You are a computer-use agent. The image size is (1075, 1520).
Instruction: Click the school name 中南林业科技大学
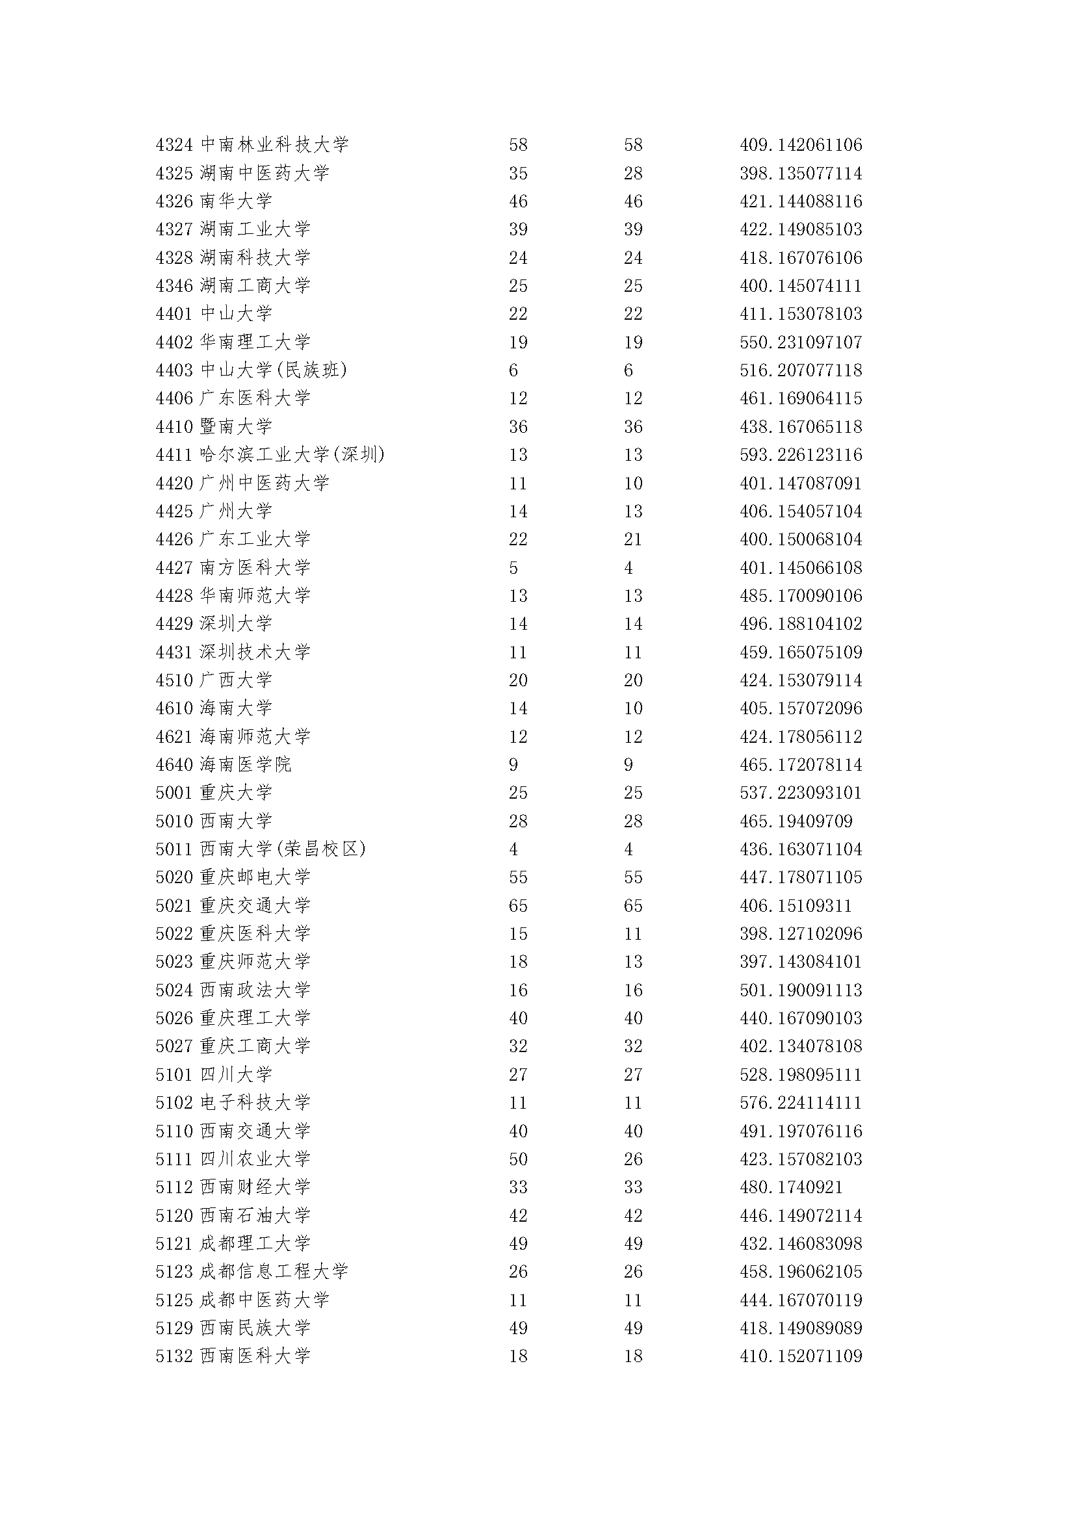coord(274,144)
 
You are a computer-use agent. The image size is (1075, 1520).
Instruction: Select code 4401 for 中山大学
coord(174,314)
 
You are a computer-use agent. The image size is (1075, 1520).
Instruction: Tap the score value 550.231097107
coord(800,342)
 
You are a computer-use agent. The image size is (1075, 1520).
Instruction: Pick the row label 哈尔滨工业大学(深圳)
coord(292,455)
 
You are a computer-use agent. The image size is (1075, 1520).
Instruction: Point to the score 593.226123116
coord(800,455)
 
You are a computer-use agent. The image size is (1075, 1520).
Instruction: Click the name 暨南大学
coord(236,426)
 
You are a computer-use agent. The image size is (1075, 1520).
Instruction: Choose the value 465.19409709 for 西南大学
coord(796,821)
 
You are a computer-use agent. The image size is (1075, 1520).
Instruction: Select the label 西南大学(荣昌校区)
coord(283,849)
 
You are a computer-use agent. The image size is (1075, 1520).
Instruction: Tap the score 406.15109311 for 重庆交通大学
coord(796,906)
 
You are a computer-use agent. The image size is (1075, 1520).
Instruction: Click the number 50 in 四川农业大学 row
coord(517,1159)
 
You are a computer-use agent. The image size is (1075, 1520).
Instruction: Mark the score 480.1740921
coord(791,1187)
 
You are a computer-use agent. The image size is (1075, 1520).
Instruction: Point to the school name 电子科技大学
coord(255,1103)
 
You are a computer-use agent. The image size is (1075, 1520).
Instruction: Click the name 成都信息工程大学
coord(274,1272)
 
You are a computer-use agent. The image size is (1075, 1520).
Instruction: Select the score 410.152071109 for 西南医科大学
coord(800,1356)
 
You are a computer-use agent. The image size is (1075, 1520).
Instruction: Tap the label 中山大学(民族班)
coord(274,370)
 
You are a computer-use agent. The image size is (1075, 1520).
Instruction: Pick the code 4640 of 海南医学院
coord(174,765)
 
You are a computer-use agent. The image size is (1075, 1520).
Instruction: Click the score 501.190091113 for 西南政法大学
coord(800,990)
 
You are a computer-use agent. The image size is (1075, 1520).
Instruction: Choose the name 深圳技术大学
coord(255,652)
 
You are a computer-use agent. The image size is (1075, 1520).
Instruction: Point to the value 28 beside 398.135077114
coord(633,174)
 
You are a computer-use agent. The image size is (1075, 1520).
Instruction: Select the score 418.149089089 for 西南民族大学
coord(800,1328)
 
